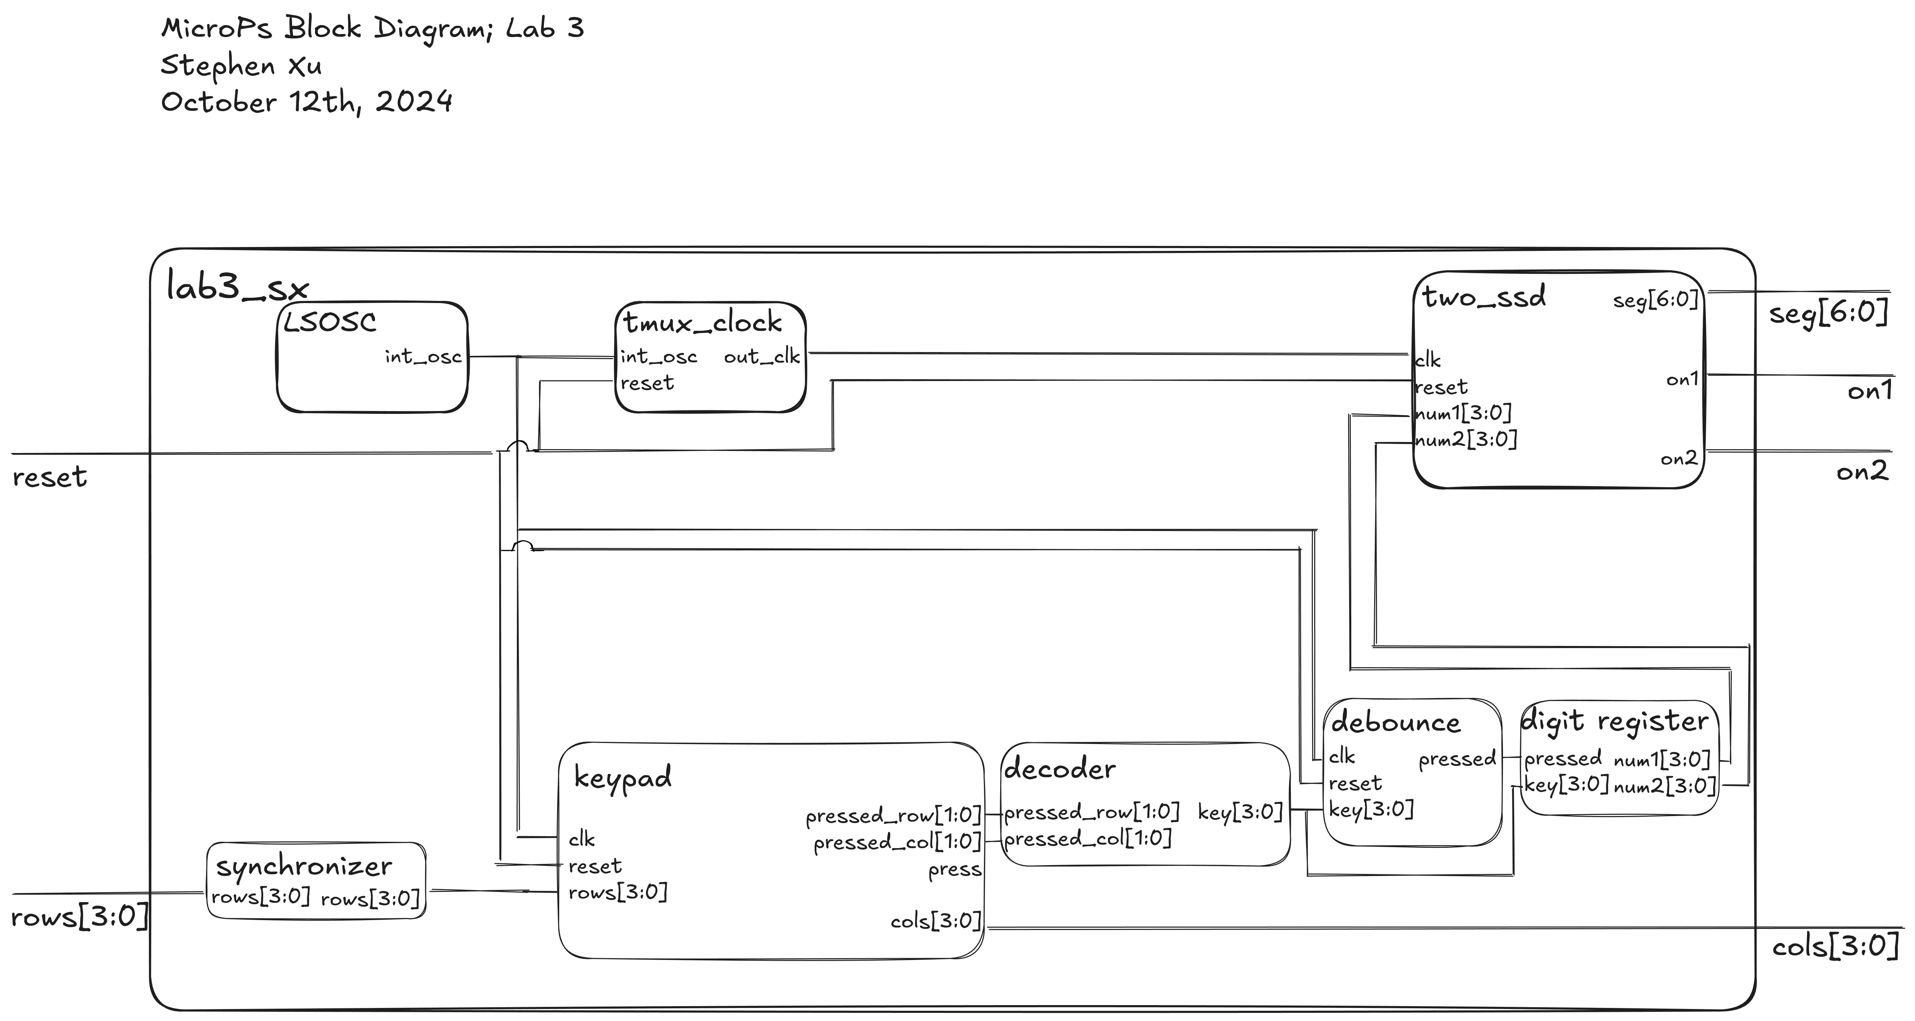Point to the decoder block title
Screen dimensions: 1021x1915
click(x=1059, y=769)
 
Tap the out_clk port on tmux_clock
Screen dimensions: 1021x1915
click(x=761, y=357)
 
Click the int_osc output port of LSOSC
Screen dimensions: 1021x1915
click(x=423, y=357)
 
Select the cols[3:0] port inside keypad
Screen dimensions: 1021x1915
click(x=936, y=922)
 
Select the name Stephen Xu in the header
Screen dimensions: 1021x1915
click(x=242, y=65)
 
